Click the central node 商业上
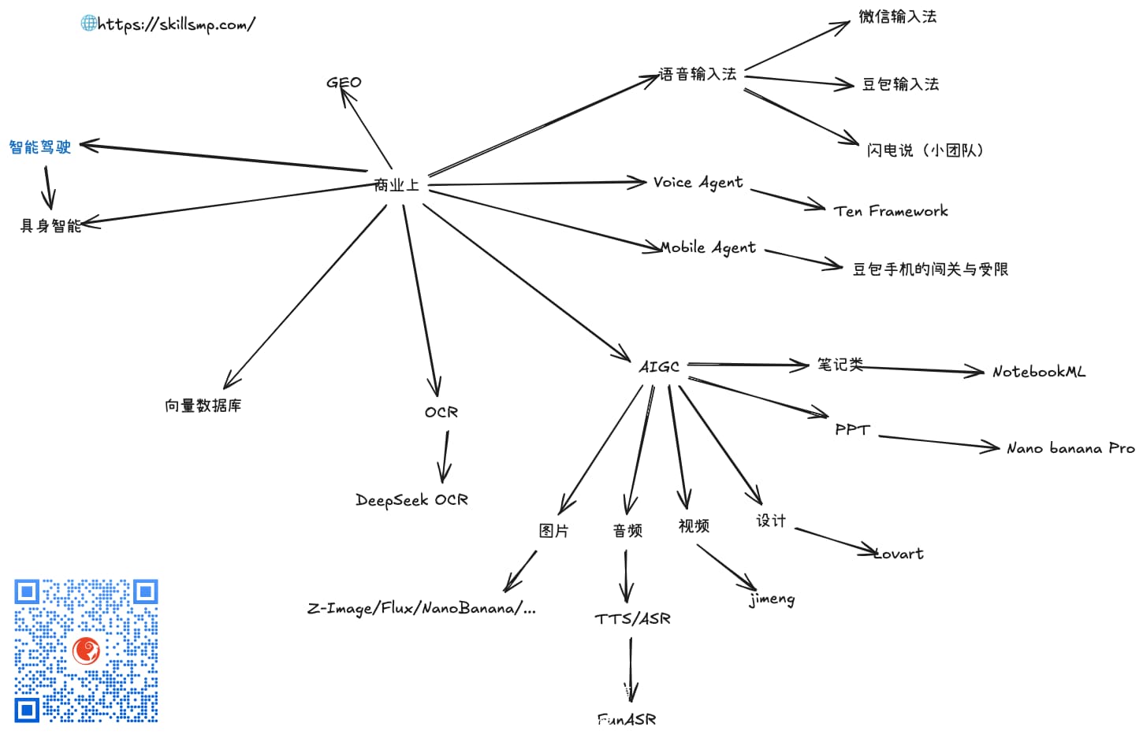[x=397, y=185]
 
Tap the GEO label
[x=344, y=83]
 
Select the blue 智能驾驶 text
[x=40, y=147]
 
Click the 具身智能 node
[x=51, y=226]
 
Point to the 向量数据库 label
[x=203, y=406]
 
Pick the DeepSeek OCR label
[x=411, y=500]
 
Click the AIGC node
[x=659, y=367]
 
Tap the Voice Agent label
[x=698, y=183]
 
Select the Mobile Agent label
[x=708, y=248]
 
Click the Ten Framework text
[x=891, y=211]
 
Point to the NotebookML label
[x=1039, y=372]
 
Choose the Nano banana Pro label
[x=1070, y=448]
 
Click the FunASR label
[x=627, y=719]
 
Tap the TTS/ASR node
[x=633, y=619]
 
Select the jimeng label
[x=772, y=599]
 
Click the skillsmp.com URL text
[x=177, y=24]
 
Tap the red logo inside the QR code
[x=87, y=651]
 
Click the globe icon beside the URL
[x=89, y=23]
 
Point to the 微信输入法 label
[x=898, y=17]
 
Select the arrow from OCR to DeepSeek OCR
[x=445, y=456]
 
